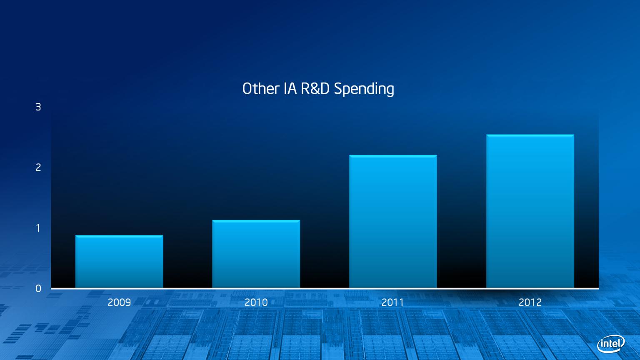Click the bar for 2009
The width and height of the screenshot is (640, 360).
click(119, 261)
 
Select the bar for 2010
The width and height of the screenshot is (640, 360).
click(256, 254)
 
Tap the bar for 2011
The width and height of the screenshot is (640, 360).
click(393, 221)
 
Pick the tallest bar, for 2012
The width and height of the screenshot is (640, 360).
click(530, 211)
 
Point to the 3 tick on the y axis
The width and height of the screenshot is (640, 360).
click(38, 107)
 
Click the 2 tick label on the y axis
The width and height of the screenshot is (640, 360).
click(38, 167)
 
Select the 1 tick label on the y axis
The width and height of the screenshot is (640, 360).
click(38, 228)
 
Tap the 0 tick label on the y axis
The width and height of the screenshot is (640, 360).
click(38, 289)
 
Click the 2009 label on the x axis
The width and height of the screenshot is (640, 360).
click(119, 302)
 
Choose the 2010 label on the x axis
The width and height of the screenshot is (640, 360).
click(256, 302)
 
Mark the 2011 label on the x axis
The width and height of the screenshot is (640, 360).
click(393, 302)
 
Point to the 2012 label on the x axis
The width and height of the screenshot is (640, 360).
click(530, 302)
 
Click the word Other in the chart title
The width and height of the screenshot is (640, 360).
click(260, 89)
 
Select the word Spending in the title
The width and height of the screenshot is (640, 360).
click(364, 89)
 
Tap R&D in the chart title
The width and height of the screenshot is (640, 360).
click(315, 89)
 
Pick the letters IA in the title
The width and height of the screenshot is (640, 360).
click(290, 89)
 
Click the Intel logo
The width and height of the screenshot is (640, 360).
click(611, 344)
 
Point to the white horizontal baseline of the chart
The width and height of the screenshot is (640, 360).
click(325, 289)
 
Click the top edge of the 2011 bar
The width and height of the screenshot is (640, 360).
click(393, 156)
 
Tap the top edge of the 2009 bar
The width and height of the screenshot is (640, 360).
click(119, 236)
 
